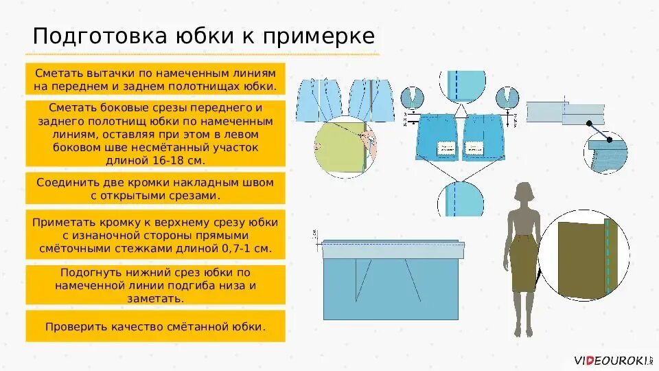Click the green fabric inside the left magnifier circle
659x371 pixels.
(x=336, y=148)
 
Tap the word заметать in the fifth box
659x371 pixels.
(x=155, y=298)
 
